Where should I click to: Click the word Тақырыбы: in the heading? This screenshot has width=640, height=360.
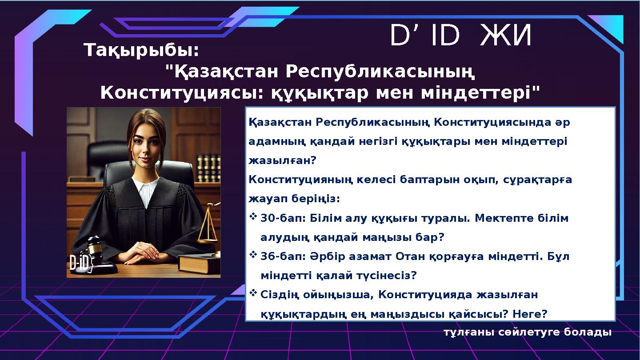click(x=142, y=51)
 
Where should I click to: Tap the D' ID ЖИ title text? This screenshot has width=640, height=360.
click(x=460, y=36)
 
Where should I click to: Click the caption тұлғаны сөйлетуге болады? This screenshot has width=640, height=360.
click(x=527, y=332)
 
